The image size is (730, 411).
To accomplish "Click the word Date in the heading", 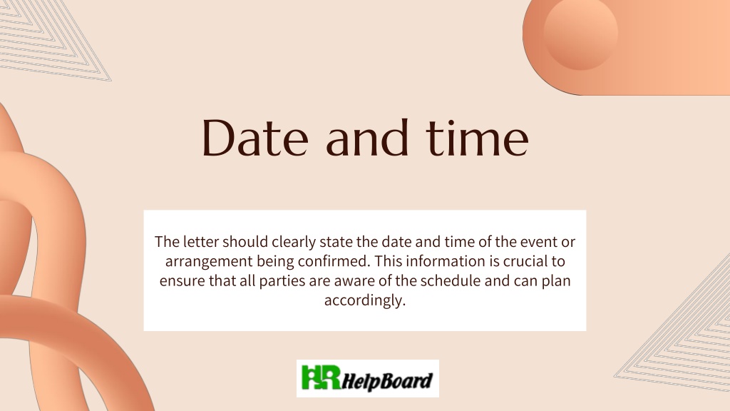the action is click(x=255, y=138).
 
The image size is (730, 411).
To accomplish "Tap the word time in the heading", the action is click(x=477, y=138).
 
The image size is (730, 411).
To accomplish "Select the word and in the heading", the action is click(x=367, y=138).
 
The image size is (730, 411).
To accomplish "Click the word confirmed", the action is click(x=334, y=261).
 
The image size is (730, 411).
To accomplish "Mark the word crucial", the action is click(x=525, y=261).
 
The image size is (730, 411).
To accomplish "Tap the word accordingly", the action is click(x=365, y=301).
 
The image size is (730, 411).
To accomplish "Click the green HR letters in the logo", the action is click(x=321, y=377).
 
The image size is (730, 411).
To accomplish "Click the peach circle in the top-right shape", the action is click(x=580, y=34).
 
